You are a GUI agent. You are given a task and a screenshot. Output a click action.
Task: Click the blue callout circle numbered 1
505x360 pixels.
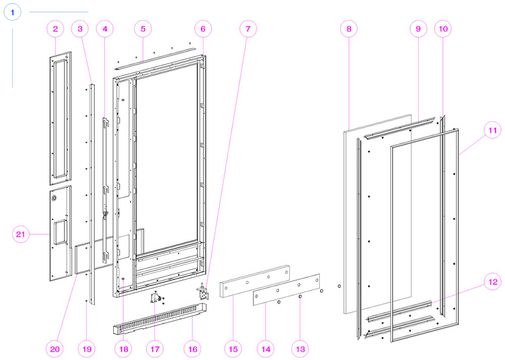click(12, 12)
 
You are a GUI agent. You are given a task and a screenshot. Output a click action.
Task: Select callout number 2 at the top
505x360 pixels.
click(56, 29)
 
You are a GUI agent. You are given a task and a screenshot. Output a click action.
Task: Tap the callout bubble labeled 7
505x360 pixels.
click(248, 29)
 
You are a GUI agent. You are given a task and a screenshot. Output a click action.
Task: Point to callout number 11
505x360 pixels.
click(493, 130)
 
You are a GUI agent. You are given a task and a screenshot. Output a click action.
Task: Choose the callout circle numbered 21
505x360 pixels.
click(21, 234)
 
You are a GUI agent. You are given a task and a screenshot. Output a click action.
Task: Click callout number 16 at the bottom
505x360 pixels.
click(192, 349)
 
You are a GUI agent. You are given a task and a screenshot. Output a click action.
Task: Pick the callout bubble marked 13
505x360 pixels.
click(300, 349)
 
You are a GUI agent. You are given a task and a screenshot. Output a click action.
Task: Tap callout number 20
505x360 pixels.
click(55, 349)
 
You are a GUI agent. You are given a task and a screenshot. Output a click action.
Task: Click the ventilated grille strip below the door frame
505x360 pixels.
click(160, 319)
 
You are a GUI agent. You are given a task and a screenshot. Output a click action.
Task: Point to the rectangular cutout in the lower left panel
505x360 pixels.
click(59, 232)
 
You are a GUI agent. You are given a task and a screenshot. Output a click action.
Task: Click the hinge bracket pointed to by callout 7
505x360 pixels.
click(203, 292)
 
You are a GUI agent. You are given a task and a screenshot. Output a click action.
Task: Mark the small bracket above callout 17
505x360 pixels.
click(156, 298)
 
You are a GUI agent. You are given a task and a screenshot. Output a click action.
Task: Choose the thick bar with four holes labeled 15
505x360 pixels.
click(255, 281)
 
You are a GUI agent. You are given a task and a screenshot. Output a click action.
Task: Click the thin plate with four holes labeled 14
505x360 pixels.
click(286, 289)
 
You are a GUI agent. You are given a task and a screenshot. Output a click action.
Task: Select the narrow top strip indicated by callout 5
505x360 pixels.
click(156, 58)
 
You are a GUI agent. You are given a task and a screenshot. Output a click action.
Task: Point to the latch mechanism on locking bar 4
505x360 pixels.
click(105, 214)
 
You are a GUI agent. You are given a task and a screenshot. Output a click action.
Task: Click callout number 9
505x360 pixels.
click(418, 29)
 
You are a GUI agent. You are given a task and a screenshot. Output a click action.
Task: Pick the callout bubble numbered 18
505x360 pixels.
click(124, 349)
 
